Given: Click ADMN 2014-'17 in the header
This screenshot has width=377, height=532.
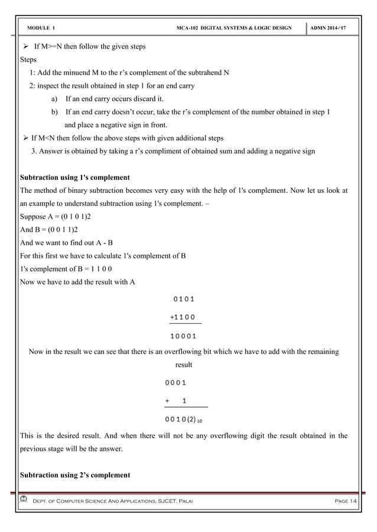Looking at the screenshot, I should tap(334, 28).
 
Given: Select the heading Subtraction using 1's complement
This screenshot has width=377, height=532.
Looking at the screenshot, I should tap(75, 177).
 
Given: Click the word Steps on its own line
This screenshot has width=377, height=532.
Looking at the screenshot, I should tap(28, 60).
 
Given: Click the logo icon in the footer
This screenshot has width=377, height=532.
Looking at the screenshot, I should tap(24, 500).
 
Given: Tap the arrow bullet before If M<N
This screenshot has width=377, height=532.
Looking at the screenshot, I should tap(25, 138).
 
